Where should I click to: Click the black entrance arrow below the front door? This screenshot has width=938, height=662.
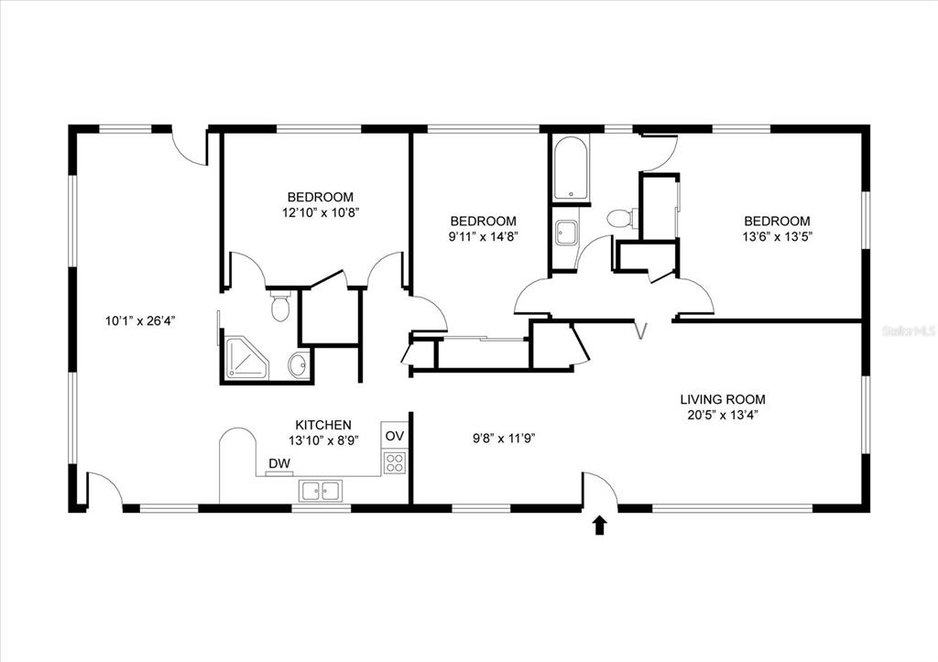click(599, 526)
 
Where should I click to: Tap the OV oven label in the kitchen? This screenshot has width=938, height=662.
click(395, 436)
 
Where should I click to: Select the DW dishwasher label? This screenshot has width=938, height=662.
click(279, 463)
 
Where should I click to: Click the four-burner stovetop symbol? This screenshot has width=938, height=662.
click(395, 462)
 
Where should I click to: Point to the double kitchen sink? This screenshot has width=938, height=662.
click(321, 491)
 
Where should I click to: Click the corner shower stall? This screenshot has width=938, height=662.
click(247, 358)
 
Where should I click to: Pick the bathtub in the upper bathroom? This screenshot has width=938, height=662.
click(571, 168)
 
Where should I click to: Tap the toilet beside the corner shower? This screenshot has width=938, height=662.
click(280, 306)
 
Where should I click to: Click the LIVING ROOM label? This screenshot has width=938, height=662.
click(723, 399)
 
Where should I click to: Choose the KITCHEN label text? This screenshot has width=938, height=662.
click(323, 425)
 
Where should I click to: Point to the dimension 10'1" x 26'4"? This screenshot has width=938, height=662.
click(140, 321)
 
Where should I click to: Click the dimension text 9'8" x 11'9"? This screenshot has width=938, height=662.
click(504, 439)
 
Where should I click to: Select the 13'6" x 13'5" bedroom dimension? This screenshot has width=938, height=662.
click(777, 237)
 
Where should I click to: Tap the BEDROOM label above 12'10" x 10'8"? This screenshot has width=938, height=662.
click(320, 197)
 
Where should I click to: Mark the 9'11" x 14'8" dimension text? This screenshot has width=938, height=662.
click(483, 236)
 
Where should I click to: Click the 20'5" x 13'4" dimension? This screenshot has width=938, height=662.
click(723, 416)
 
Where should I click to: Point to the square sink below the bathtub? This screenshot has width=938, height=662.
click(566, 233)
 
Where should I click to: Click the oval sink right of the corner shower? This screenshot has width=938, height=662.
click(299, 365)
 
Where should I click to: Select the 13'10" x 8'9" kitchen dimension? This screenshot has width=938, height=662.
click(323, 440)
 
